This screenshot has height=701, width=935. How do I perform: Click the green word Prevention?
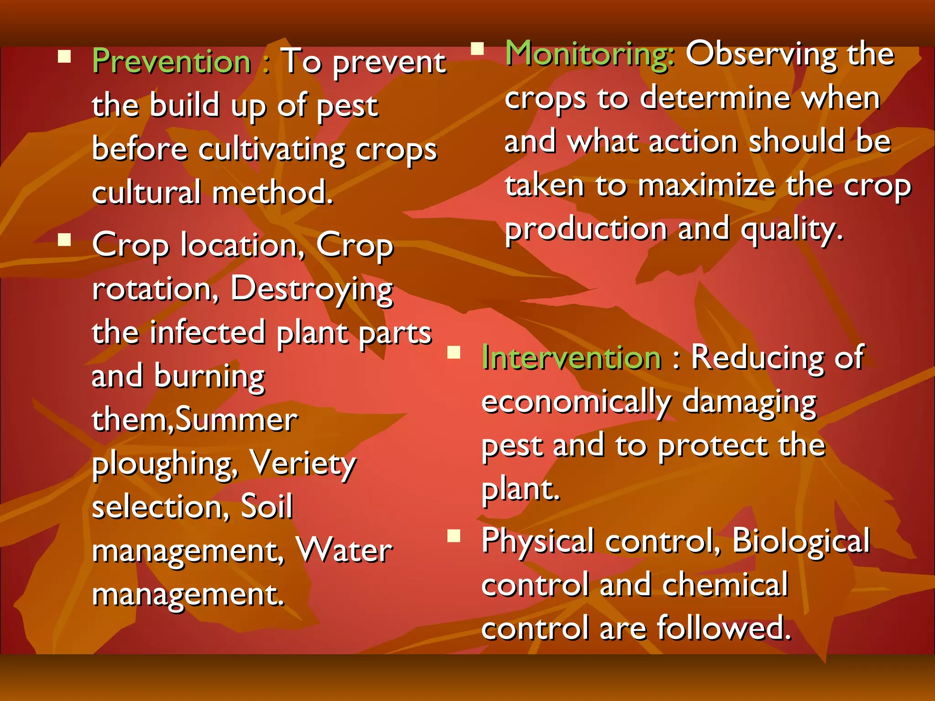click(172, 61)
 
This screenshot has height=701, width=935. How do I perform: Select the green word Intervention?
click(571, 357)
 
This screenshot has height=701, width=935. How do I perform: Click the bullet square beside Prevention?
click(64, 56)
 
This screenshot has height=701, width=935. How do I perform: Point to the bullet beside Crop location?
click(64, 240)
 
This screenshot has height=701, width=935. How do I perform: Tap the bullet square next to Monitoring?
click(477, 48)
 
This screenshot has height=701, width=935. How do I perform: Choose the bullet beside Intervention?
click(453, 352)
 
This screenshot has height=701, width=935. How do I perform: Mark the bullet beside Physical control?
click(453, 535)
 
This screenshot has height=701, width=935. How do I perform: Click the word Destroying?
click(311, 289)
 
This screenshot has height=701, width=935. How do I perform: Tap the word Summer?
click(236, 419)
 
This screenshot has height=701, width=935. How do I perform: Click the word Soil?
click(267, 507)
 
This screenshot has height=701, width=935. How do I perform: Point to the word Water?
click(344, 550)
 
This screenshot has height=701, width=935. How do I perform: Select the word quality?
click(791, 230)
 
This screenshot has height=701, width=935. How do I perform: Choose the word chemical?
click(725, 584)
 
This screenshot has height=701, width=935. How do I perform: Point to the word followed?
click(724, 628)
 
